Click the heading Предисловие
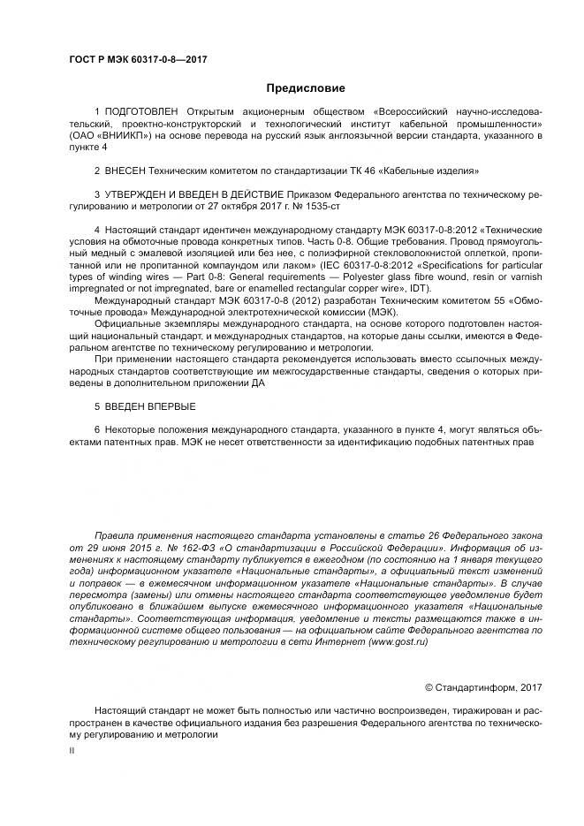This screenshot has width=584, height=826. click(x=306, y=87)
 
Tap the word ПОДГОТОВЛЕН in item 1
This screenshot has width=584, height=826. click(x=140, y=112)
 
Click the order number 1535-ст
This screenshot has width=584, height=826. click(x=319, y=204)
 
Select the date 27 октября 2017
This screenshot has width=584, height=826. click(x=235, y=204)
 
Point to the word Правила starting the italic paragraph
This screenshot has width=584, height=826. click(x=114, y=535)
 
